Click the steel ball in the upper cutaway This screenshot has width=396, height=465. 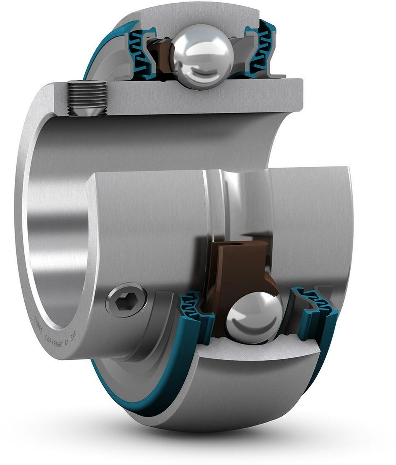click(x=203, y=56)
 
